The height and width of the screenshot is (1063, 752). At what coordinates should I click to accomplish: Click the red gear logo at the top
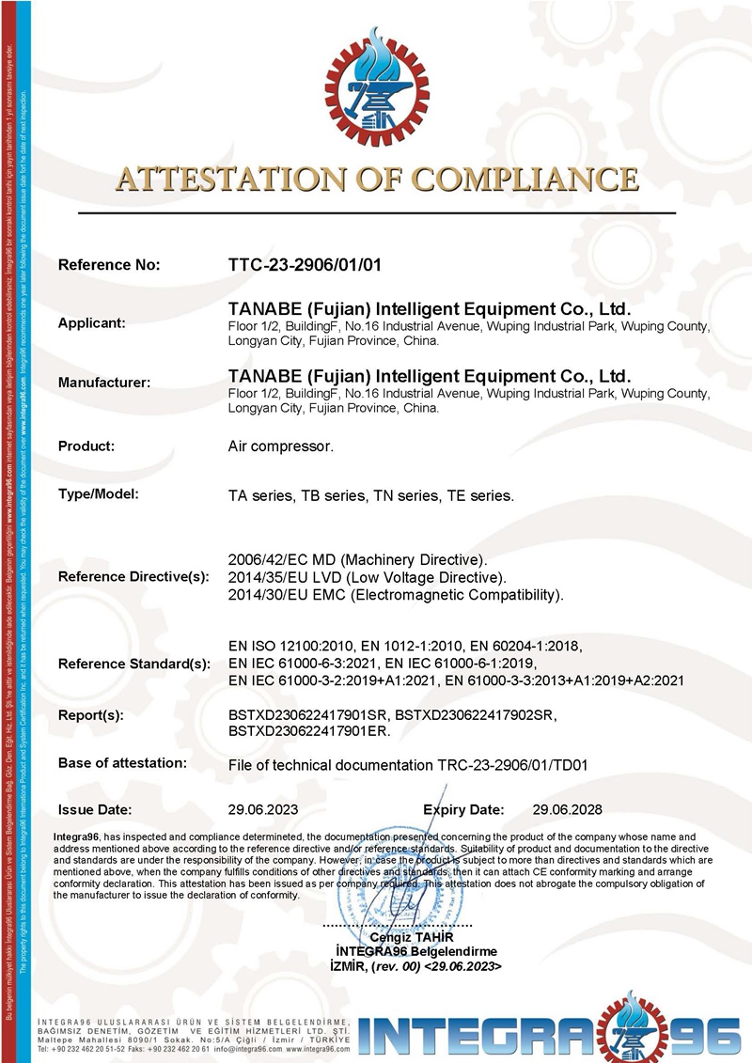tap(377, 89)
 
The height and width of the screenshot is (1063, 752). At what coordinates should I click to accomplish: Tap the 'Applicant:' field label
tap(92, 323)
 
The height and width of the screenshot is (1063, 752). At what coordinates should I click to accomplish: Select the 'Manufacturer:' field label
tap(104, 383)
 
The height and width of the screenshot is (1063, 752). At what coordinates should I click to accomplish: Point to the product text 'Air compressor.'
tap(281, 446)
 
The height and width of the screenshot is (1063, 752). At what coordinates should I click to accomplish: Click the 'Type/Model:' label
tap(98, 493)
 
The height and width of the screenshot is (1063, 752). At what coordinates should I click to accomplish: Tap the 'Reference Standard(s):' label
tap(134, 664)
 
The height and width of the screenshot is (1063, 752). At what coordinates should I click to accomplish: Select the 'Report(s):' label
tap(91, 715)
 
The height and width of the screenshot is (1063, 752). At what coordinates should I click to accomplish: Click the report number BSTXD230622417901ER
tap(310, 730)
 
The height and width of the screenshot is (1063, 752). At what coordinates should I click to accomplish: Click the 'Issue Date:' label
tap(95, 809)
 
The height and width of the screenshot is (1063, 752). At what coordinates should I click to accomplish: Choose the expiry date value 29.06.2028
tap(567, 809)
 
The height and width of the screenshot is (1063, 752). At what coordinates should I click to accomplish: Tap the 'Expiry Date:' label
tap(463, 809)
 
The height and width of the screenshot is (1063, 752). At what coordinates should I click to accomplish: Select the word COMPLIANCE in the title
tap(525, 180)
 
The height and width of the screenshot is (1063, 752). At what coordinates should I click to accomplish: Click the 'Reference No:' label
tap(109, 265)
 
